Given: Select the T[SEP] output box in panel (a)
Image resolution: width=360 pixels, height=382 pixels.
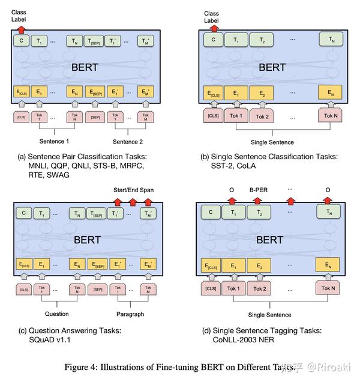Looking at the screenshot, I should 94,41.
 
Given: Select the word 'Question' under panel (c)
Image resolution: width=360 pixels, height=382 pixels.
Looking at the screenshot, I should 57,313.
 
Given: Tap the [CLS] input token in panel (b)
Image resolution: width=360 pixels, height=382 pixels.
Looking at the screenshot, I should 212,115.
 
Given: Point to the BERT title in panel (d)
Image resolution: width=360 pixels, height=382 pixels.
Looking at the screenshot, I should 269,239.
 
